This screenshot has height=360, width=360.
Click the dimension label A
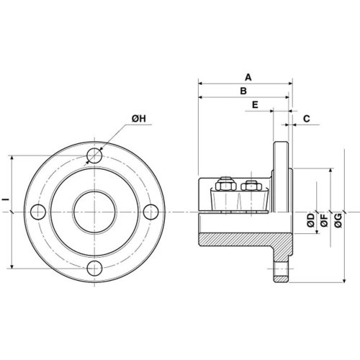pyautogui.click(x=248, y=77)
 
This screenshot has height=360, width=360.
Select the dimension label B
pyautogui.click(x=243, y=91)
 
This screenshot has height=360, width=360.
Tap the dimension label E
pyautogui.click(x=255, y=104)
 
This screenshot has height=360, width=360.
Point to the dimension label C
pyautogui.click(x=307, y=119)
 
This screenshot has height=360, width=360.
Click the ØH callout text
pyautogui.click(x=139, y=118)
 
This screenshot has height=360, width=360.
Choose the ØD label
pyautogui.click(x=311, y=220)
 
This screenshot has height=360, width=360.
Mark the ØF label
pyautogui.click(x=324, y=220)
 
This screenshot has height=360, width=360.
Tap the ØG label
pyautogui.click(x=338, y=220)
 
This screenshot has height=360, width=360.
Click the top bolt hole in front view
pyautogui.click(x=94, y=156)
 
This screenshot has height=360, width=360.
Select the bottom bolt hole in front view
pyautogui.click(x=94, y=269)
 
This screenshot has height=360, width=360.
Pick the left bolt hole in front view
pyautogui.click(x=38, y=212)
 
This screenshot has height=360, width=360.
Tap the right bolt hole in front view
pyautogui.click(x=151, y=212)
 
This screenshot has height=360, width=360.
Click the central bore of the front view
pyautogui.click(x=94, y=212)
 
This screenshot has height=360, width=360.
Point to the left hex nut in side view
pyautogui.click(x=225, y=185)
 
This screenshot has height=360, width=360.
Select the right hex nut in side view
pyautogui.click(x=251, y=186)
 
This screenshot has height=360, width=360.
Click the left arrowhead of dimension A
pyautogui.click(x=201, y=84)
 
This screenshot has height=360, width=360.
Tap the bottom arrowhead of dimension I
pyautogui.click(x=12, y=266)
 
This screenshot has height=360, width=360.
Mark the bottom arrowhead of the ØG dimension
pyautogui.click(x=344, y=280)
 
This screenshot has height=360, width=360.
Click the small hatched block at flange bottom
pyautogui.click(x=282, y=279)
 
